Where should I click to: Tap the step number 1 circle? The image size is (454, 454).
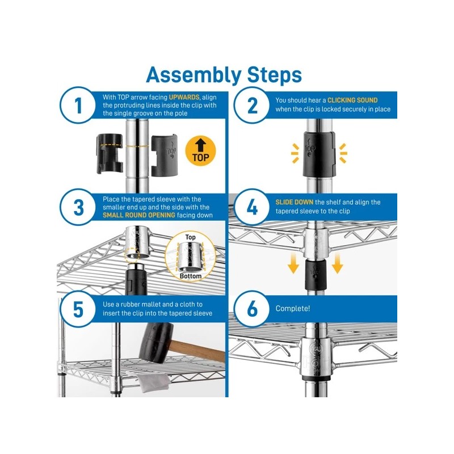[x=78, y=106]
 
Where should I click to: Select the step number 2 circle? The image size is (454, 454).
[x=252, y=106]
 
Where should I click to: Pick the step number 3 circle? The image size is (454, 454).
[x=78, y=207]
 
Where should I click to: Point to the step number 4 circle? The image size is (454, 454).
[x=252, y=207]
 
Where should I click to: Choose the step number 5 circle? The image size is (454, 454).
[x=78, y=309]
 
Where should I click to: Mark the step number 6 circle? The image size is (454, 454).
[x=252, y=309]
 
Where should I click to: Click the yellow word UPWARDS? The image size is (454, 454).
[x=184, y=97]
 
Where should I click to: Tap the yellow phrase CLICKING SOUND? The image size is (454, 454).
[x=352, y=100]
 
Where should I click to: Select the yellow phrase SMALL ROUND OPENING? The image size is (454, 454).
[x=139, y=215]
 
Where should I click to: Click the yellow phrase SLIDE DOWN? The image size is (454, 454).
[x=294, y=202]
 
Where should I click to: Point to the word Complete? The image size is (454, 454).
[x=293, y=309]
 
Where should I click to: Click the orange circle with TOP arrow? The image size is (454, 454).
[x=201, y=151]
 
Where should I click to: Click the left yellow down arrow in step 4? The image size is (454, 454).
[x=293, y=263]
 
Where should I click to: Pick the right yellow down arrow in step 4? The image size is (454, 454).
[x=337, y=263]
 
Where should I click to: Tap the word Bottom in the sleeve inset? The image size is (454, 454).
[x=191, y=276]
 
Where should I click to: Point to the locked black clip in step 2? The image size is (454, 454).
[x=319, y=154]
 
